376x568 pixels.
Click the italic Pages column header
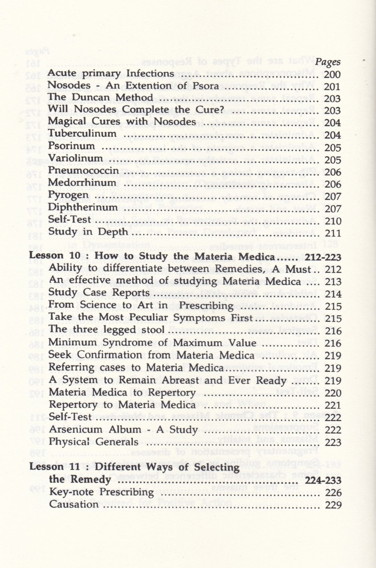tap(329, 62)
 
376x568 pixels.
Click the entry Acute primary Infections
tap(111, 74)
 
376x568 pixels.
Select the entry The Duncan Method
tap(100, 98)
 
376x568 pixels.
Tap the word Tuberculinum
tap(83, 134)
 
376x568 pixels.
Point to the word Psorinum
tap(72, 146)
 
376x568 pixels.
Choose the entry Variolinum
tap(76, 158)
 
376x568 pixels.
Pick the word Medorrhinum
tap(82, 183)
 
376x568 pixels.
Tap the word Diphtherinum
tap(83, 207)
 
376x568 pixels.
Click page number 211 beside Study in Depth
tap(332, 233)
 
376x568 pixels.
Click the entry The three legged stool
tap(107, 330)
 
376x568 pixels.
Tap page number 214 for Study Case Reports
tap(333, 294)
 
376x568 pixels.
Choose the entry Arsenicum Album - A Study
tap(123, 430)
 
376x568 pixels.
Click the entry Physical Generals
tap(94, 442)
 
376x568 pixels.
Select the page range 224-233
tap(323, 481)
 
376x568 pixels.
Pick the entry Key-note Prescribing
tap(101, 492)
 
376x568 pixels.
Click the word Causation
tap(74, 504)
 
